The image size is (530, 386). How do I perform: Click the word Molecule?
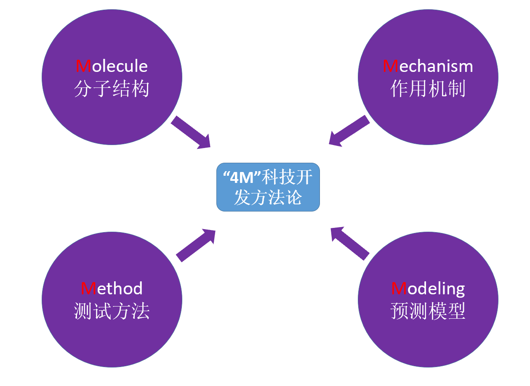point(112,66)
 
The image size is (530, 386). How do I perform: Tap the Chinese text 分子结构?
point(112,89)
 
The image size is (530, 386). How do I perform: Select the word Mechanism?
point(428,66)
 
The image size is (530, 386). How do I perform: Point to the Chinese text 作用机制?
point(428,89)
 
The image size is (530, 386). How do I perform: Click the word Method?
point(112,288)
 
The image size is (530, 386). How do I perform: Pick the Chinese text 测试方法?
point(112,312)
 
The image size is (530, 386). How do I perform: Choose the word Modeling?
point(428,288)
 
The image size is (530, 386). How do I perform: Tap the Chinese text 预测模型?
point(428,312)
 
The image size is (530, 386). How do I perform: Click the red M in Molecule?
point(83,66)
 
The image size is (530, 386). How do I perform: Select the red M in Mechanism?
point(391,66)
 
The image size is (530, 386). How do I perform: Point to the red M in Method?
point(88,288)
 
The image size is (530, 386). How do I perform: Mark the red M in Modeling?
point(399,288)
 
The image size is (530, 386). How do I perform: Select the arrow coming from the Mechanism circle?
point(349,131)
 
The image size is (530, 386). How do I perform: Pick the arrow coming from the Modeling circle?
point(349,243)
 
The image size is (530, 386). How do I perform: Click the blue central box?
point(268,187)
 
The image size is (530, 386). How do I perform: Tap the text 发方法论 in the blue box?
point(268,197)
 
